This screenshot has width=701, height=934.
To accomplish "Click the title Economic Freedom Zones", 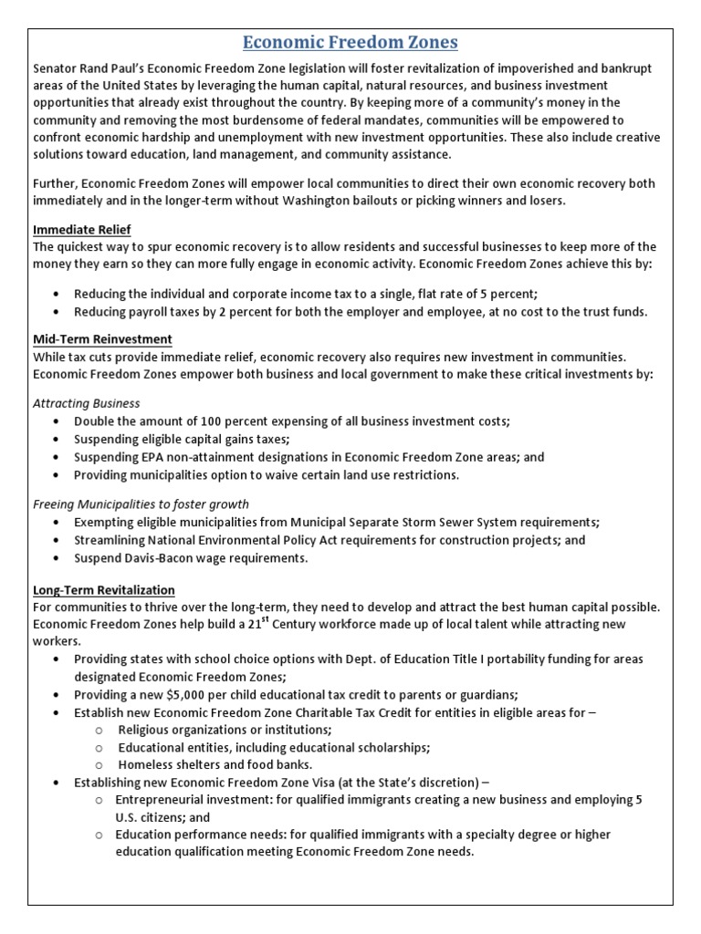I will point(350,43).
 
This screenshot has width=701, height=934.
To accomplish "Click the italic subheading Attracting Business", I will point(87,402).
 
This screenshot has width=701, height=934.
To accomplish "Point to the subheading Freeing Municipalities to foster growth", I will point(141,503).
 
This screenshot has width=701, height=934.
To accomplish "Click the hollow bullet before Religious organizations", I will point(99,731).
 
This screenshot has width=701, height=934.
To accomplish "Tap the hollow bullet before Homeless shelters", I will point(99,764).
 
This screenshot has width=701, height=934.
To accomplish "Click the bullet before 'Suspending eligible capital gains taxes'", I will point(57,439).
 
